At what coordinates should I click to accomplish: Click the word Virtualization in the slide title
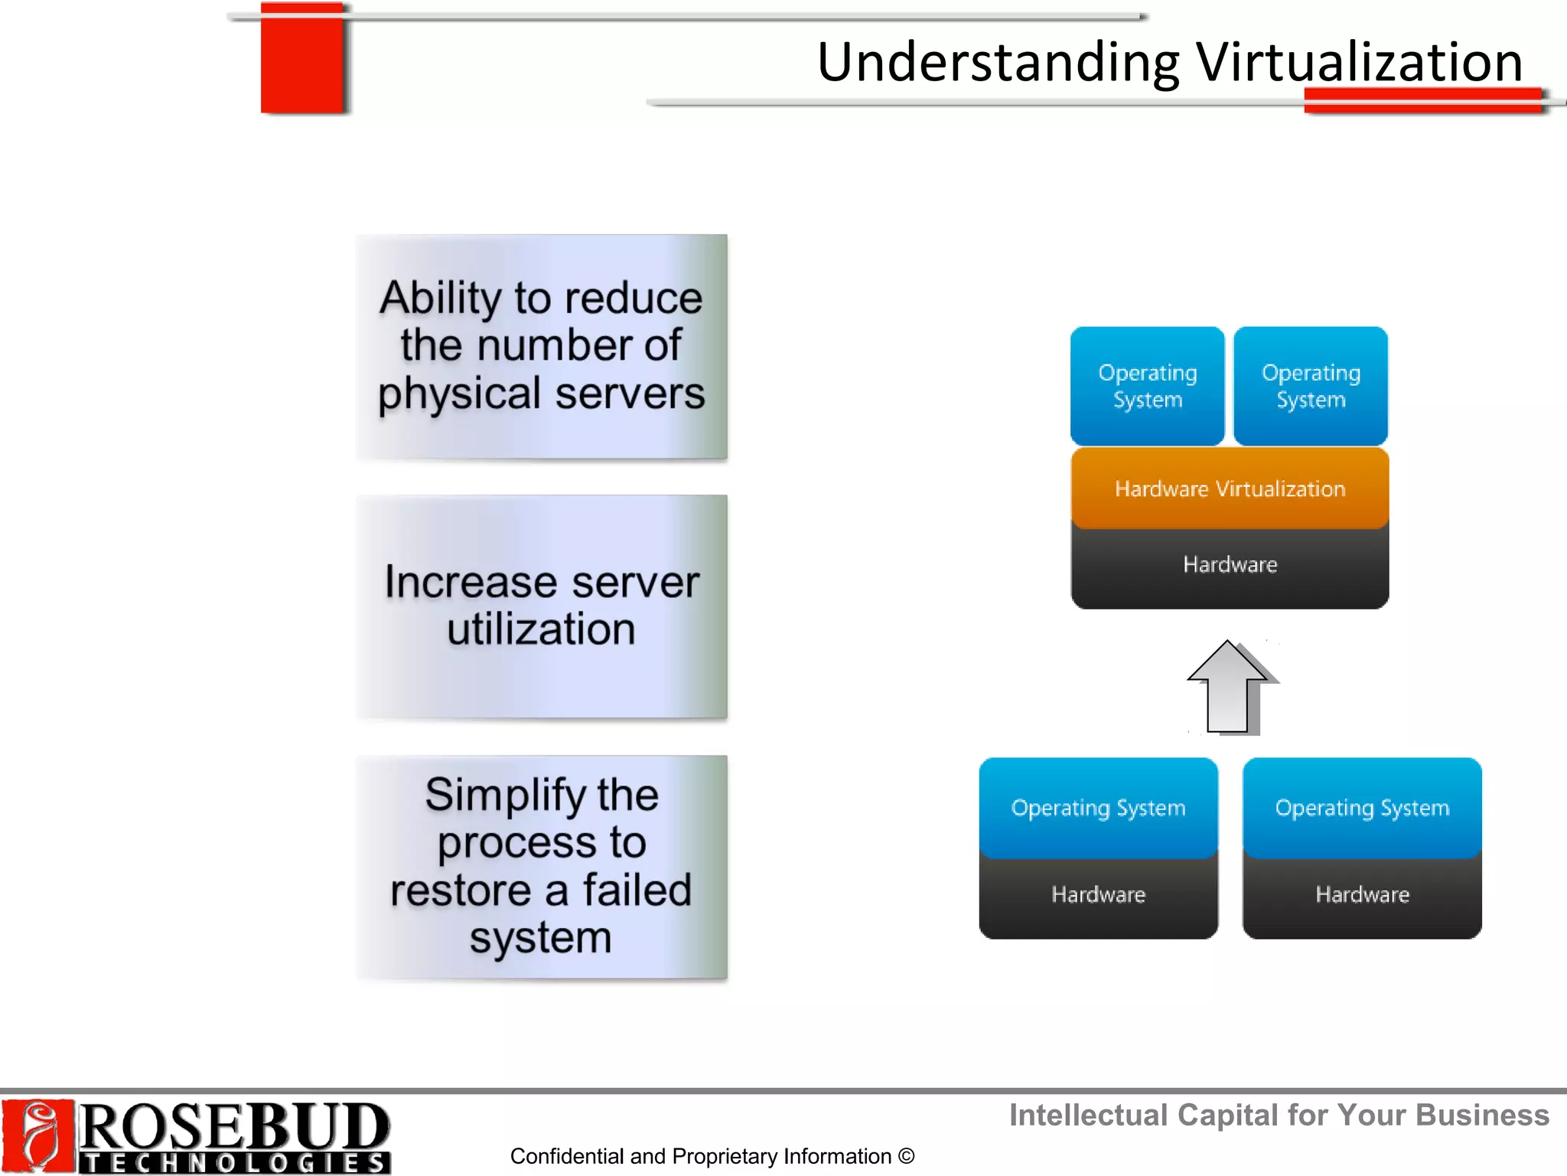pos(1360,62)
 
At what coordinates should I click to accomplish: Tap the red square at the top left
pos(302,59)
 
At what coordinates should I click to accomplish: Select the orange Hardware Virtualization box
pos(1230,488)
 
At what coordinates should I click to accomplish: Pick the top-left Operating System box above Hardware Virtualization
pos(1147,386)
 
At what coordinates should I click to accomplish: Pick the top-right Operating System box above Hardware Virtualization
pos(1311,386)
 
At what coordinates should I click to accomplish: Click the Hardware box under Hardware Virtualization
pos(1230,566)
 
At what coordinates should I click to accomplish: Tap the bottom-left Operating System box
pos(1098,808)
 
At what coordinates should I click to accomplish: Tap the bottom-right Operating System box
pos(1362,808)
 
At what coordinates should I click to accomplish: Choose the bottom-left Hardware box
pos(1098,895)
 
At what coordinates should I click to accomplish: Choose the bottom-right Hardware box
pos(1362,895)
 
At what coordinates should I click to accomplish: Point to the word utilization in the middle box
pos(541,629)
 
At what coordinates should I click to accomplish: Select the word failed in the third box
pos(637,890)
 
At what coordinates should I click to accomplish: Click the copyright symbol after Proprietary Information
pos(907,1156)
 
